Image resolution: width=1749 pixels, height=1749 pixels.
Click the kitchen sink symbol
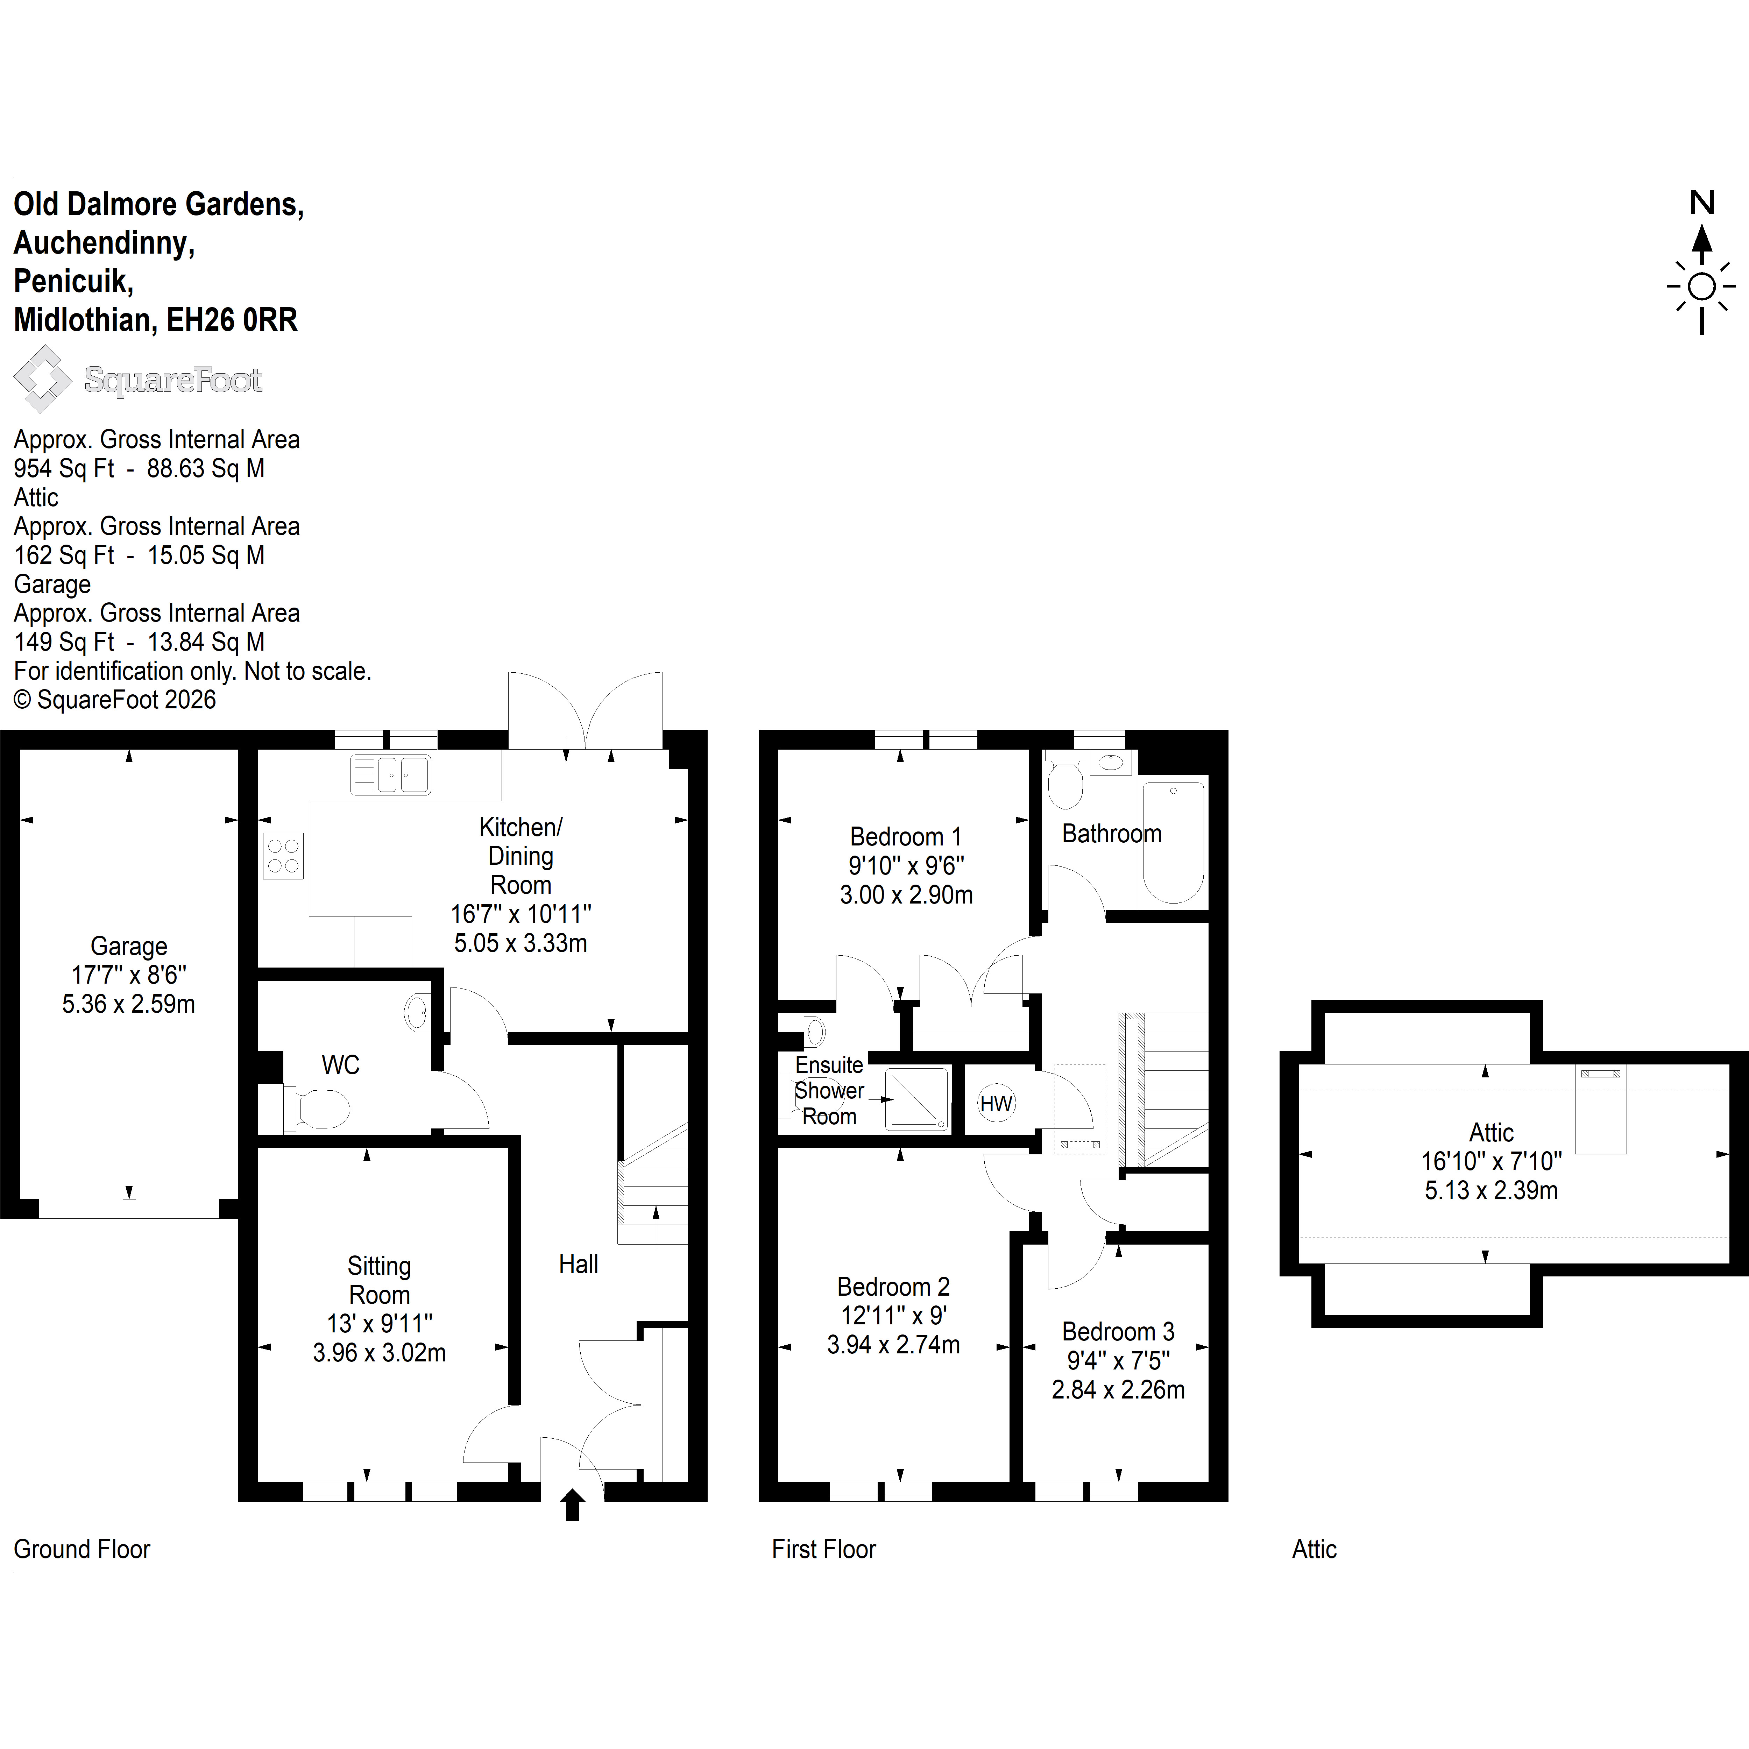coord(390,775)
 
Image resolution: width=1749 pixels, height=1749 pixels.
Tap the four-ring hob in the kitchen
coord(283,856)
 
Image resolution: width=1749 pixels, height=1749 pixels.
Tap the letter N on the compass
coord(1702,203)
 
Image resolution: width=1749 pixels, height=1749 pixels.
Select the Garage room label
coord(128,946)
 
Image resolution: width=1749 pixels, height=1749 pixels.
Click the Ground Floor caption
coord(82,1549)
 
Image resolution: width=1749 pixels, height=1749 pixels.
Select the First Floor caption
coord(824,1549)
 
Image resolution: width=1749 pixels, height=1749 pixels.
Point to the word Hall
coord(579,1264)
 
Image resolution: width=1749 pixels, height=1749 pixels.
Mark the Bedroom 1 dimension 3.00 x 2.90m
coord(906,894)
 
